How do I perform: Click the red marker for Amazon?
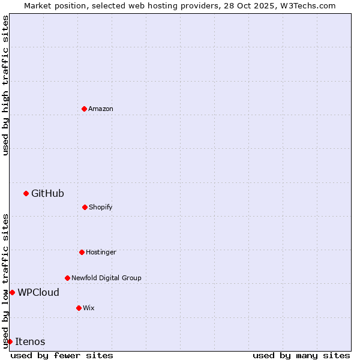point(84,109)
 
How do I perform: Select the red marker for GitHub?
point(26,193)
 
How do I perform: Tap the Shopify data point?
point(85,207)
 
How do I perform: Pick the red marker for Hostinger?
point(82,252)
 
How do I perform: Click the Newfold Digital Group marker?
point(67,278)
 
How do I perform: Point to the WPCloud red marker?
point(12,292)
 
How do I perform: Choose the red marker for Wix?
point(79,308)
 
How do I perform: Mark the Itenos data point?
point(10,341)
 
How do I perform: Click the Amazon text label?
point(101,109)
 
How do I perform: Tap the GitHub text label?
point(47,193)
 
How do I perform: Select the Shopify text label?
point(101,207)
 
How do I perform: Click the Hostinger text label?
point(101,252)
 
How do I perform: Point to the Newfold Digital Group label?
point(106,278)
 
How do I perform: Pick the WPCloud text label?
point(38,292)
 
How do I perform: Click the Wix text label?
point(89,308)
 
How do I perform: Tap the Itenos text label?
point(30,341)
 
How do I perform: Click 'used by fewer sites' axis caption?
point(62,355)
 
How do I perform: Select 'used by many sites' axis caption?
point(301,355)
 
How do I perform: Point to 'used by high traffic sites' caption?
point(5,85)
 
